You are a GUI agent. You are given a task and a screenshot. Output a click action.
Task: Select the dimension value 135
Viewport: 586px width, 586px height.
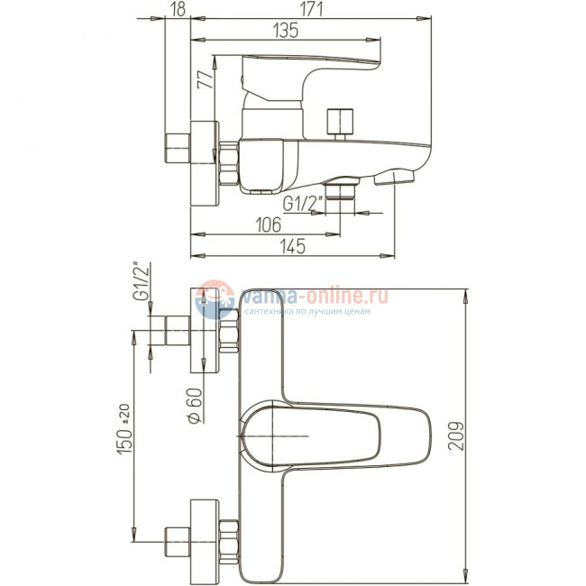click(x=286, y=31)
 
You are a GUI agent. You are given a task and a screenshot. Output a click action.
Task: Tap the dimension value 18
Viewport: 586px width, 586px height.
click(x=179, y=10)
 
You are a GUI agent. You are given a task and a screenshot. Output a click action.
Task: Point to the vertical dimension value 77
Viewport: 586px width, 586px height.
click(x=206, y=78)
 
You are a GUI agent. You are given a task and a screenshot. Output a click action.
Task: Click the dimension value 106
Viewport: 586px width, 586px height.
click(x=269, y=224)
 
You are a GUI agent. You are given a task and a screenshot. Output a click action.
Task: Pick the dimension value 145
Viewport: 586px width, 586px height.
click(x=293, y=246)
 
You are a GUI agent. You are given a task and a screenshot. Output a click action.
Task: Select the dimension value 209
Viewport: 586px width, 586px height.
click(x=456, y=436)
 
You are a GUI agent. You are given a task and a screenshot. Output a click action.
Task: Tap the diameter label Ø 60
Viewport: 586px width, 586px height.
click(x=195, y=406)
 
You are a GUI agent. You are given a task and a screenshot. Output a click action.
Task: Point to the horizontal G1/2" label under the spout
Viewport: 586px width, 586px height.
click(x=303, y=204)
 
